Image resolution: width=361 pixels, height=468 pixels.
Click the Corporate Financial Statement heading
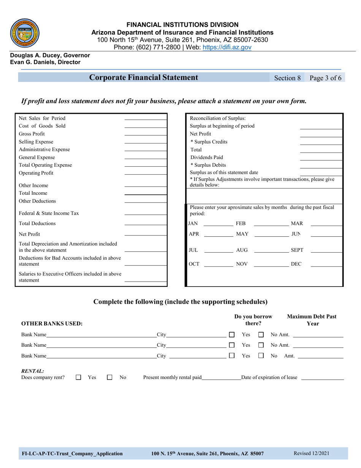pos(144,78)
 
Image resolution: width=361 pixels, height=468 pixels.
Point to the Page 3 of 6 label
pos(325,78)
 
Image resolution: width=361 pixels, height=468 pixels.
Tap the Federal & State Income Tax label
pos(49,213)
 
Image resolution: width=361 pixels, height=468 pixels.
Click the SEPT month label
pos(297,250)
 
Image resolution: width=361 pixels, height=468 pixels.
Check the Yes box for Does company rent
pos(79,377)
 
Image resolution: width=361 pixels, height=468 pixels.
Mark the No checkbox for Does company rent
pos(110,377)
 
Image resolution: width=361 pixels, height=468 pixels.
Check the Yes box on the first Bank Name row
pos(232,335)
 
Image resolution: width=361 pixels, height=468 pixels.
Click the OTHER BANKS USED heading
pos(52,324)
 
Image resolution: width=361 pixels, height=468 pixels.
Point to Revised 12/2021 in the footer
pos(311,453)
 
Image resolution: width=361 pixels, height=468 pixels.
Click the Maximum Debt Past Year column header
pos(312,320)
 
